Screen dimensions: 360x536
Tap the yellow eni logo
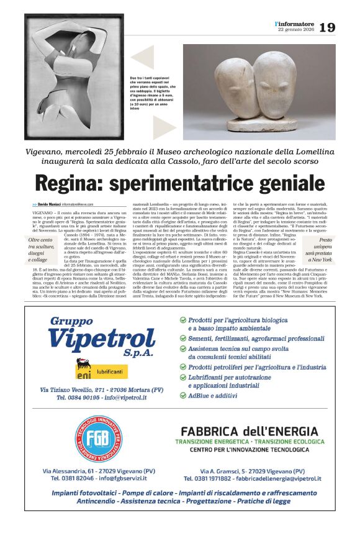[x=84, y=369]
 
